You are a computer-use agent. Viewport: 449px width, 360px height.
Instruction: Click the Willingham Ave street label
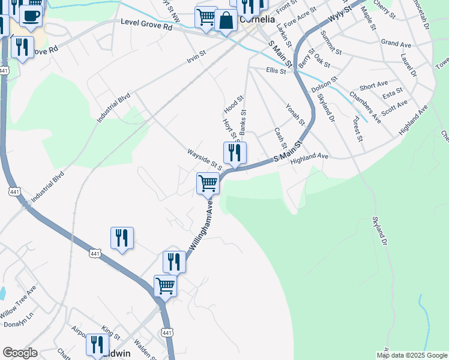point(201,229)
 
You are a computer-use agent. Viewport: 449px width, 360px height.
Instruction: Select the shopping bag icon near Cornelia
point(226,21)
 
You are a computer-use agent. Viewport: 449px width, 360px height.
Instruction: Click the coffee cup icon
point(31,15)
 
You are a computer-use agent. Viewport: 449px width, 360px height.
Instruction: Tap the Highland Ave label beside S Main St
point(309,156)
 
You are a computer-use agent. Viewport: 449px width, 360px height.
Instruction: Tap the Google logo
point(20,353)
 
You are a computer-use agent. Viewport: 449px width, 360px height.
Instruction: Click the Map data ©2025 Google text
point(411,355)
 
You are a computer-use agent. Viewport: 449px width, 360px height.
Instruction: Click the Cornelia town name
point(258,19)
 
